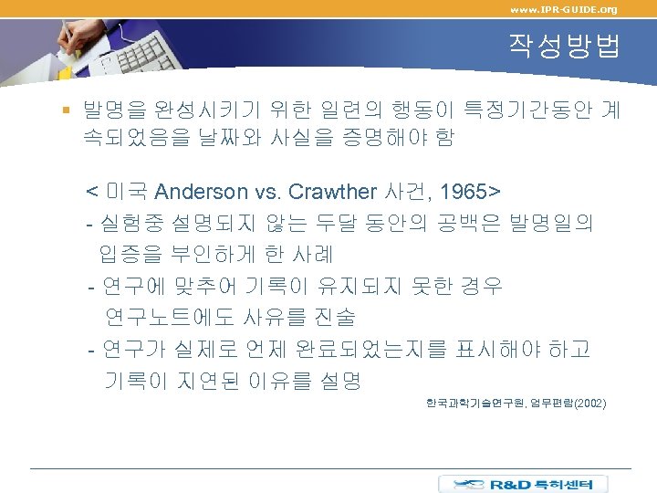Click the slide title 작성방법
pos(565,47)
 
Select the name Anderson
pos(201,192)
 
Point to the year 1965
pos(463,192)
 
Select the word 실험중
pos(133,224)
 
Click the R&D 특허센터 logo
pos(534,484)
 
